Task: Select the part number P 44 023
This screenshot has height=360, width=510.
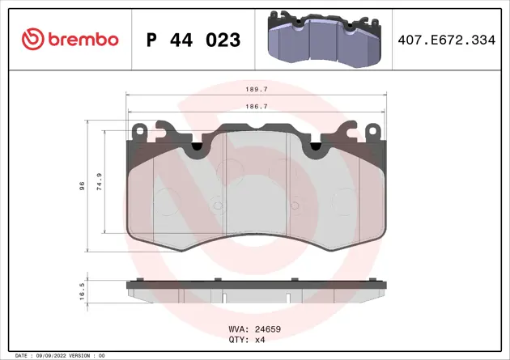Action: point(192,39)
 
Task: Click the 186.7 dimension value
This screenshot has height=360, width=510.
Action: point(257,106)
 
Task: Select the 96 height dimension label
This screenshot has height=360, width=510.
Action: point(82,186)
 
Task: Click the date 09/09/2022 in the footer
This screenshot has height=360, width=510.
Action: point(53,355)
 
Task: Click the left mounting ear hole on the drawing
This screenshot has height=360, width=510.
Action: point(140,131)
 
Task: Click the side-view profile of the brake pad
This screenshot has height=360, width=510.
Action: point(256,289)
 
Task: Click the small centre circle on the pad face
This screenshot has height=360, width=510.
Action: point(216,205)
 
